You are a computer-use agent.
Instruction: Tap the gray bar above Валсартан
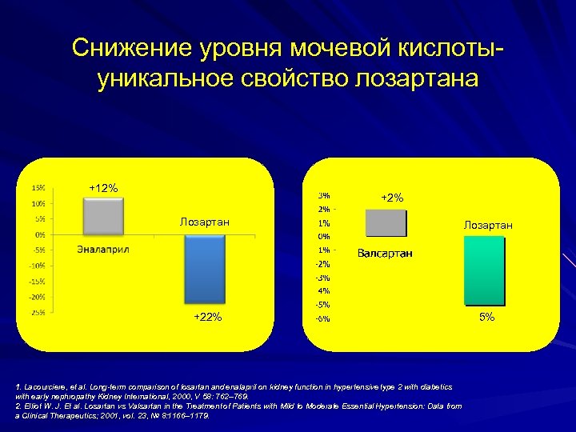coord(386,223)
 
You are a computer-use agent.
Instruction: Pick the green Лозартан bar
coord(485,270)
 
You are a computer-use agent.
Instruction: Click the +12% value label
coord(103,188)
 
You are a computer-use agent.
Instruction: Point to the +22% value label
coord(207,318)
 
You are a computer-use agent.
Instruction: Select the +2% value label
coord(392,198)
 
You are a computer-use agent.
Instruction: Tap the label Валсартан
coord(385,254)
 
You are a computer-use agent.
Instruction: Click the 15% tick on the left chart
coord(38,188)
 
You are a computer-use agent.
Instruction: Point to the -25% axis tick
coord(37,313)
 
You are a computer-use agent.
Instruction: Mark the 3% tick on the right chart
coord(325,195)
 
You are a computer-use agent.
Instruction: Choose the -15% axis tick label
coord(37,282)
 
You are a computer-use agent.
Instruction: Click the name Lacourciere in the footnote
coord(46,386)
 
